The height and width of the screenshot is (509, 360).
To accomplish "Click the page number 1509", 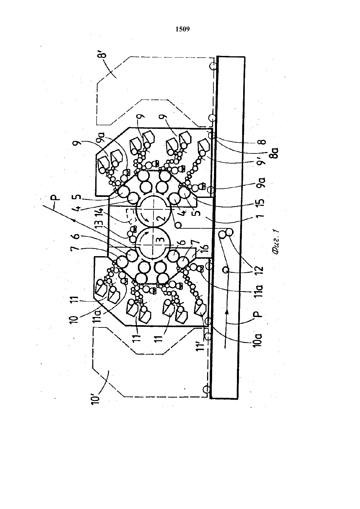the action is (x=183, y=29).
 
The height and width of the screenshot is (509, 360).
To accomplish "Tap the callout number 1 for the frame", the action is (x=261, y=214).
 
